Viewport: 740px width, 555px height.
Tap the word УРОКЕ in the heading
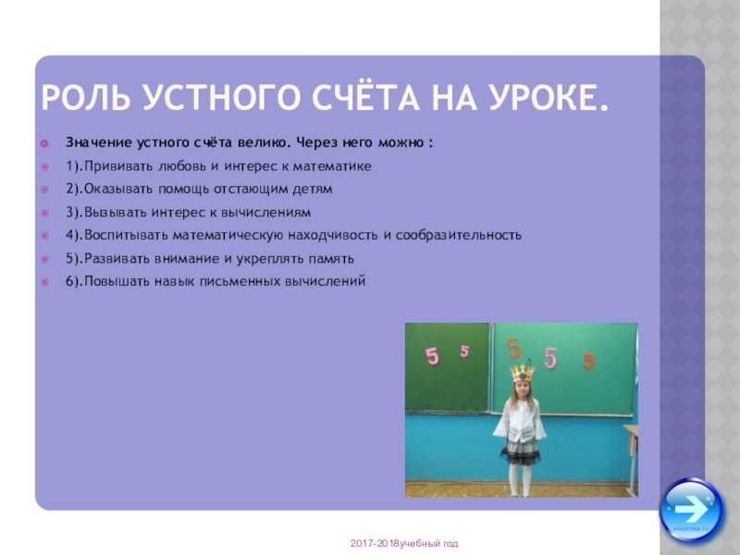[x=549, y=97]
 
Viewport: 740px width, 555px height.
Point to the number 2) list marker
[x=73, y=190]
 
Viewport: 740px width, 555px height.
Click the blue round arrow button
[x=691, y=507]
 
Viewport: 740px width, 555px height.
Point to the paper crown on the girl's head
[x=523, y=372]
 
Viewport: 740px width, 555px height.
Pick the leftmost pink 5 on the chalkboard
[x=431, y=356]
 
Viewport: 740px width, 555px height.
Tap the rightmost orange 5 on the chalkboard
[x=589, y=362]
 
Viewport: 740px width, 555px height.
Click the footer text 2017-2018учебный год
[x=403, y=543]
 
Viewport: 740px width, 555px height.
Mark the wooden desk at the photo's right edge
[x=632, y=453]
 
